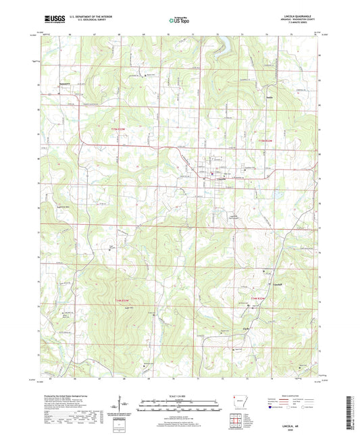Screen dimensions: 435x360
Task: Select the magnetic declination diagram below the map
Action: click(x=124, y=407)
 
